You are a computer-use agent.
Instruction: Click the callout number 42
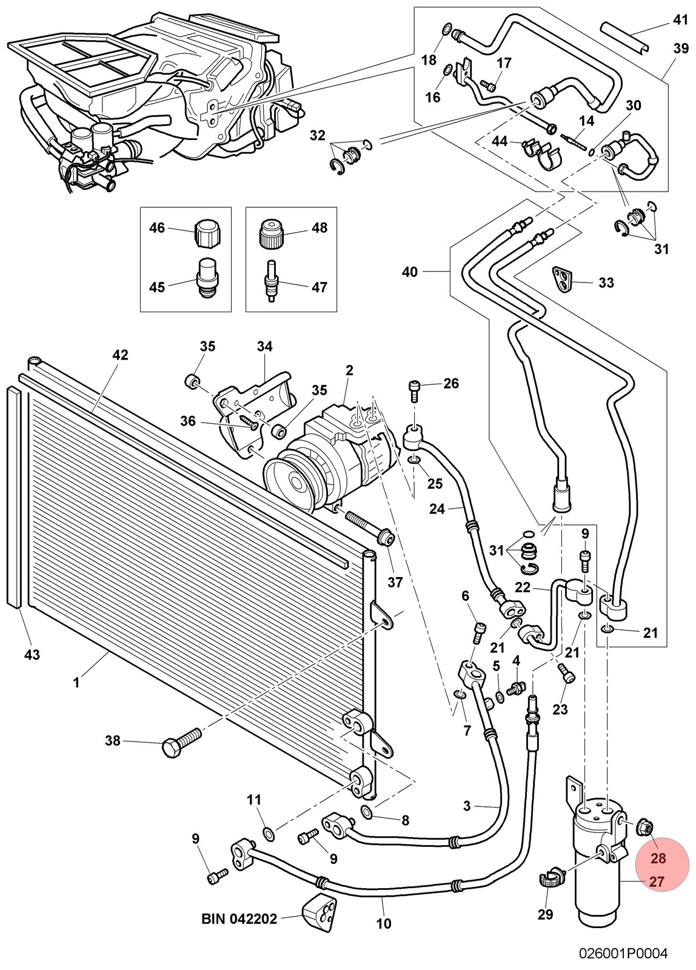point(120,355)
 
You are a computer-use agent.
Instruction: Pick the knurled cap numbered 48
point(271,232)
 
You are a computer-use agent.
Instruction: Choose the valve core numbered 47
point(271,281)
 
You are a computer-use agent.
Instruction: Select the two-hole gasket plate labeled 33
point(563,280)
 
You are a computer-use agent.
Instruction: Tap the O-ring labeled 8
point(366,811)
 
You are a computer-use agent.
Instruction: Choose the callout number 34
point(264,346)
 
